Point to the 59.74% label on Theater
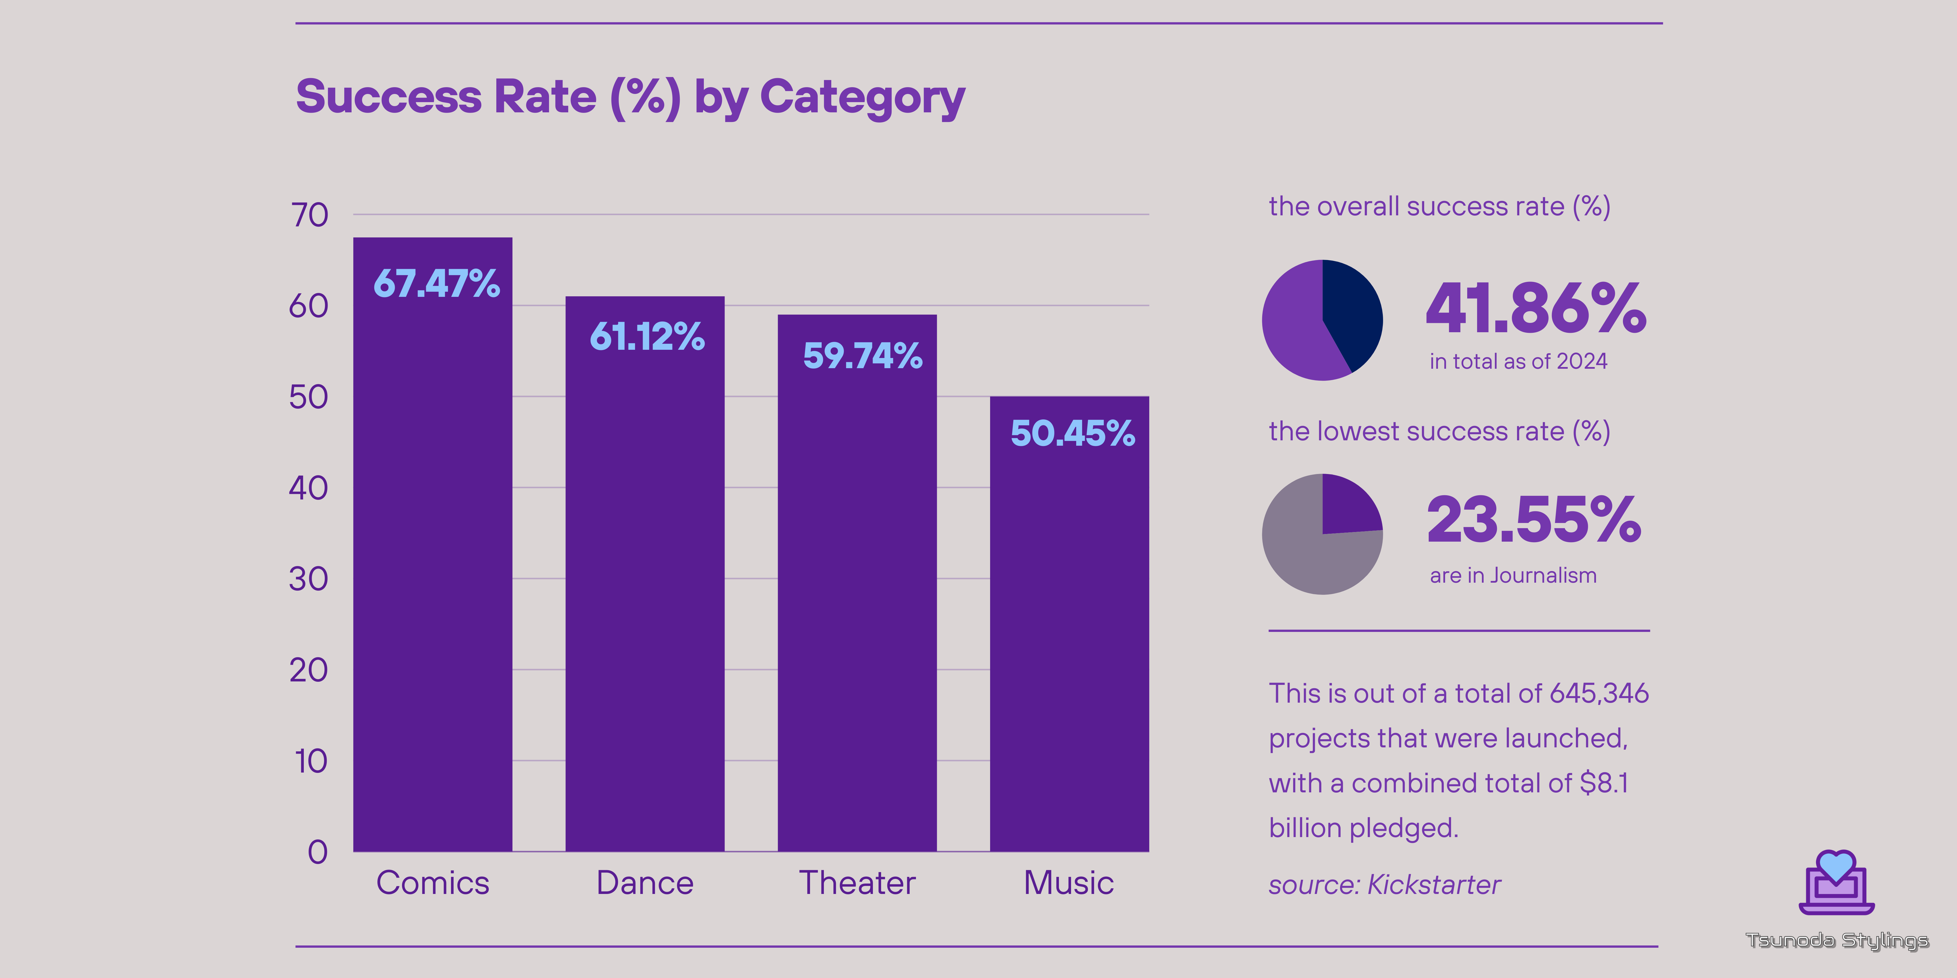[862, 355]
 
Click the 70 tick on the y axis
[309, 216]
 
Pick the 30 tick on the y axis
[308, 579]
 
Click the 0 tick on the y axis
[318, 852]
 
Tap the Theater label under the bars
[857, 883]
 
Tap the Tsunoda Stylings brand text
[1836, 941]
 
